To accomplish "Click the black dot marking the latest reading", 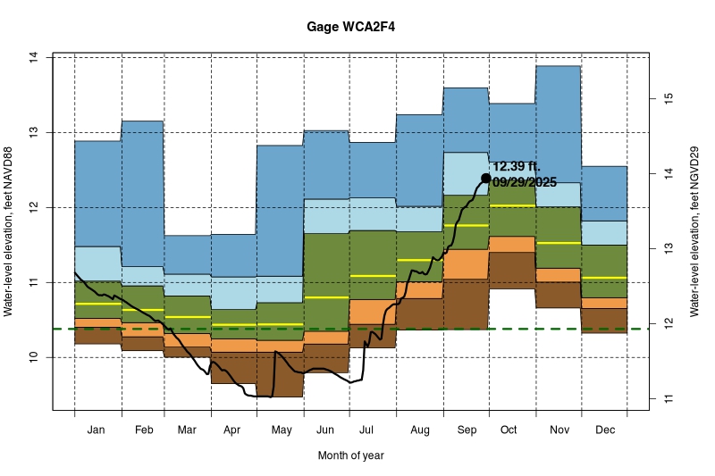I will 486,178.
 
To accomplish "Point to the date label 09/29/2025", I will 525,182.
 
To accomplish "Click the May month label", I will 281,430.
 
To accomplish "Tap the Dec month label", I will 604,430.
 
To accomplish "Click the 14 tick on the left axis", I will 33,57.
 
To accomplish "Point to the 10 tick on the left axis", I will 33,357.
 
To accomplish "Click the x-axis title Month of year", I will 350,455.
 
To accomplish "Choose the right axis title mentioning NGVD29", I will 693,232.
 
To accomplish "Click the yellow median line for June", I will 326,296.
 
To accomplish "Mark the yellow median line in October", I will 511,205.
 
